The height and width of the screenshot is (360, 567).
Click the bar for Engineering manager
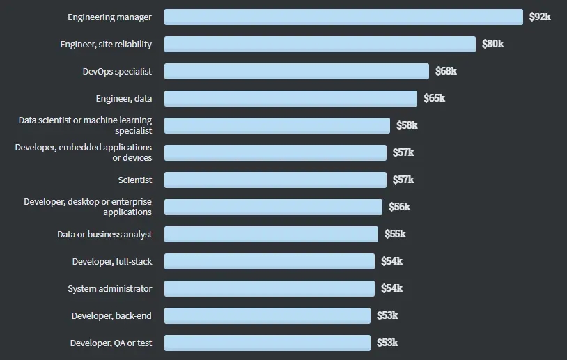343,17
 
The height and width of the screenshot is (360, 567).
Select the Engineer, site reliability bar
320,44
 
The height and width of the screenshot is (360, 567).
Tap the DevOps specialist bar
297,71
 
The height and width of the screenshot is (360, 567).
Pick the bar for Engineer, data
290,98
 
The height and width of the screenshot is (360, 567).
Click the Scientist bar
275,180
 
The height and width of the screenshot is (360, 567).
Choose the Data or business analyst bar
271,234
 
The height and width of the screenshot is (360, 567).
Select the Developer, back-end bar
267,315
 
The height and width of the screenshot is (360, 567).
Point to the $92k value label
540,17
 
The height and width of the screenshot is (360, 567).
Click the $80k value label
493,44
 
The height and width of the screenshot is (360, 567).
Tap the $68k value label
446,71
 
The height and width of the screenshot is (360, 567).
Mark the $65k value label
434,98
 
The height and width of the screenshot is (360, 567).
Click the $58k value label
407,125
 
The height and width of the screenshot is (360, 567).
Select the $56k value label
400,207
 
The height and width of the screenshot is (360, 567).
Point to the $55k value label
395,234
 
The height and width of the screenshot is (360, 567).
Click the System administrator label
110,288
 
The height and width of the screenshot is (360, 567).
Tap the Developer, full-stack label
112,261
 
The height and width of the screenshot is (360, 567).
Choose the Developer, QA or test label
111,343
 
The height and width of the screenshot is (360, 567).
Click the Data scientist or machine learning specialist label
86,125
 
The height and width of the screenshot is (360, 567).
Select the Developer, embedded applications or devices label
84,152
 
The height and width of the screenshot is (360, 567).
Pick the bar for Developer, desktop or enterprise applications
273,207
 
